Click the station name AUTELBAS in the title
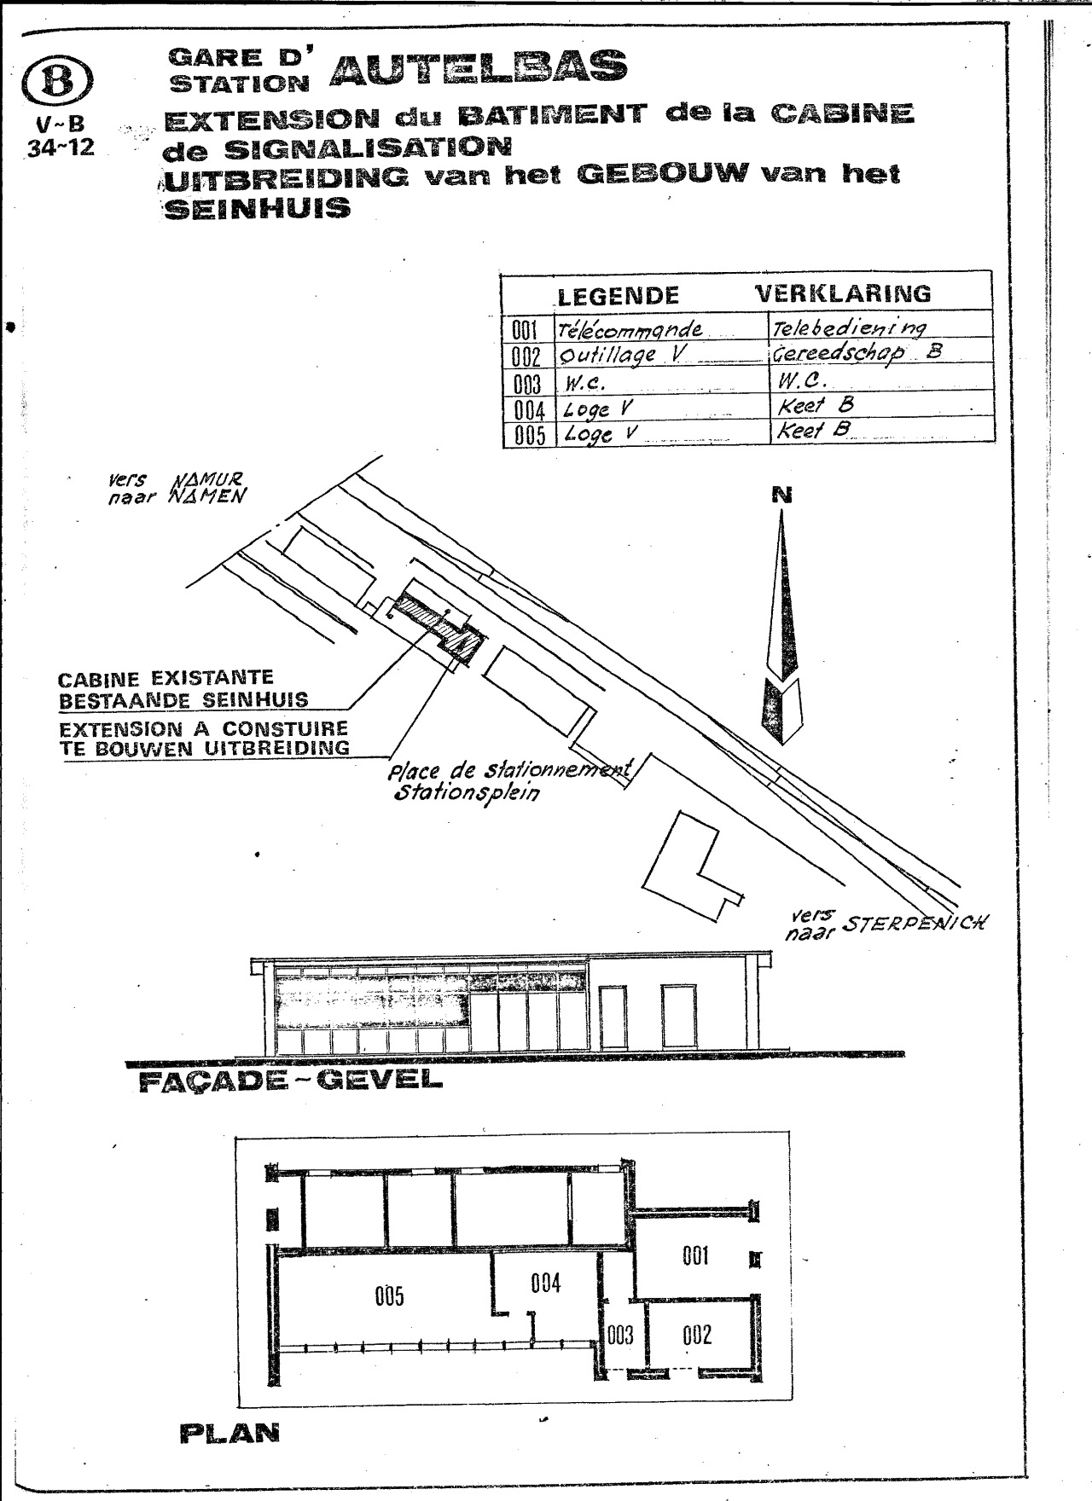[x=478, y=67]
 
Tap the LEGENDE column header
[x=619, y=295]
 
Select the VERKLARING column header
[x=844, y=293]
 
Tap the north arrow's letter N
[x=781, y=494]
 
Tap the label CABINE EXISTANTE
[x=166, y=679]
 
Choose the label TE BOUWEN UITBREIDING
[x=205, y=748]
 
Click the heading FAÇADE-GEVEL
[x=290, y=1081]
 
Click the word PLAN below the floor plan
[x=229, y=1433]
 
